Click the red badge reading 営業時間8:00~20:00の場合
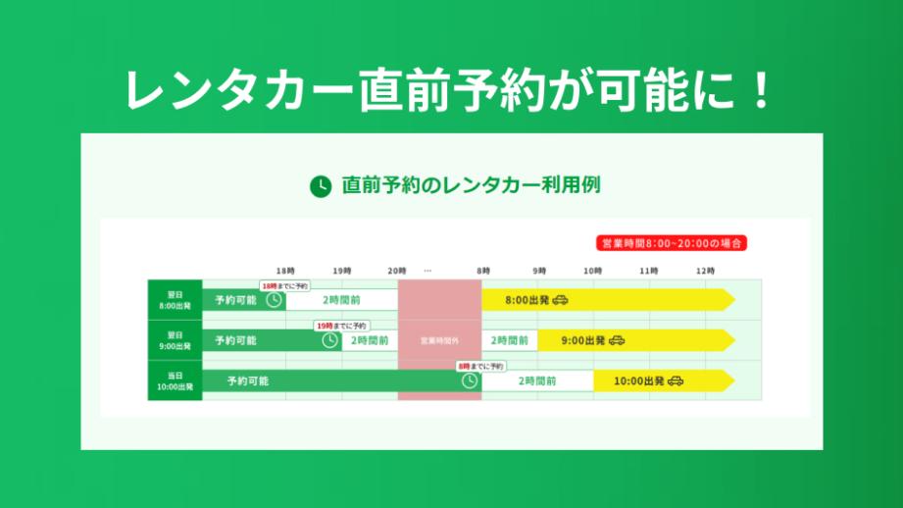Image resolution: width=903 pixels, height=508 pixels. [x=672, y=242]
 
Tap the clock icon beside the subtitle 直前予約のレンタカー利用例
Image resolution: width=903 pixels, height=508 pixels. [x=321, y=185]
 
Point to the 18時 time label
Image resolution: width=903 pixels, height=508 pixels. [x=285, y=270]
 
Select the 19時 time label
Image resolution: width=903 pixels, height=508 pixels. [x=341, y=270]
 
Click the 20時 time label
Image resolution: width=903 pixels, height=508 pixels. [x=397, y=270]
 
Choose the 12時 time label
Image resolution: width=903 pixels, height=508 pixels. [x=705, y=270]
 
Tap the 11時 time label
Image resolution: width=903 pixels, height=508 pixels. [x=649, y=270]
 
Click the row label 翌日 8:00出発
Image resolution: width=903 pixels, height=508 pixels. [x=175, y=299]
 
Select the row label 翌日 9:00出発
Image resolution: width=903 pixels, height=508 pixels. [x=175, y=340]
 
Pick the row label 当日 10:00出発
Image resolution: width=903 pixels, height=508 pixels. [x=175, y=381]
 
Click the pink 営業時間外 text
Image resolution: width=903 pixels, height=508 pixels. [x=439, y=341]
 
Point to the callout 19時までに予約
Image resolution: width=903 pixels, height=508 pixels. [x=340, y=326]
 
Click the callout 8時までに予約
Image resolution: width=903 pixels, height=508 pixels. [x=480, y=366]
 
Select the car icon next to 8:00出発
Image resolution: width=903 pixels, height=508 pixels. [x=560, y=300]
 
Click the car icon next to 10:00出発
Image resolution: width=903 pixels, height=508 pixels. [x=676, y=381]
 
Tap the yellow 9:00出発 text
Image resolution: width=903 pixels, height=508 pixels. [x=583, y=340]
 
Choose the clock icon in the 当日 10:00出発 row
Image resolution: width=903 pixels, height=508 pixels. [x=470, y=381]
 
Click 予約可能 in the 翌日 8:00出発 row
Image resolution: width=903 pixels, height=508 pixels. [x=235, y=300]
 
